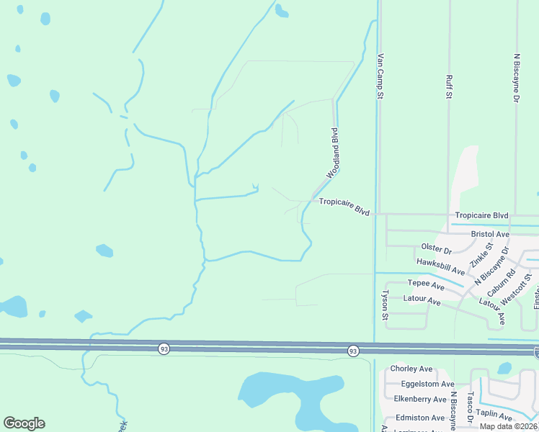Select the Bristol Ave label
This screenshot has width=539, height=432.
(490, 235)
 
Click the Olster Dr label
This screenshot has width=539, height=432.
(436, 249)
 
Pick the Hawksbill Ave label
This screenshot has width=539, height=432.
(440, 266)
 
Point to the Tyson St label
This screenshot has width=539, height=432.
(385, 305)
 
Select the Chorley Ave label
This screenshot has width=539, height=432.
(411, 369)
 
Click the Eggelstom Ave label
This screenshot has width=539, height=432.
(418, 385)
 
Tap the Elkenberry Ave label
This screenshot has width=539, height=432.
(420, 399)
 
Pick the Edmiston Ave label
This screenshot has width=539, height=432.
(419, 418)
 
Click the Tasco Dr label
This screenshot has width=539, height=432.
(469, 407)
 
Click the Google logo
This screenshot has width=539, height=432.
(24, 423)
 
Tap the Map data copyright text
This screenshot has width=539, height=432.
(509, 426)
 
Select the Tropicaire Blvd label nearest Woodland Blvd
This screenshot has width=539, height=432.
(344, 207)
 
